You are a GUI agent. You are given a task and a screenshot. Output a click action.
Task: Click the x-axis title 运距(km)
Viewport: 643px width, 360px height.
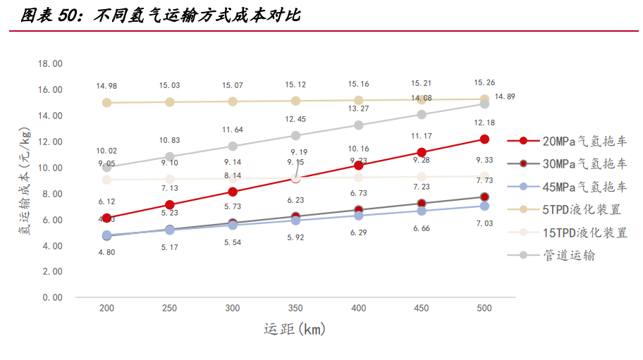coord(295,329)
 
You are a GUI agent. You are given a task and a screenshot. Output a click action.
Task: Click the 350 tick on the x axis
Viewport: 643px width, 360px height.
coord(295,309)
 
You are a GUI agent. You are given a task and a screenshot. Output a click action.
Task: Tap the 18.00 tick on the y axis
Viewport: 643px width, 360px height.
coord(51,64)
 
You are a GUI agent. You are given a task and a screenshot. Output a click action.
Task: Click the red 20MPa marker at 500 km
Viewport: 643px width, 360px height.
coord(484,139)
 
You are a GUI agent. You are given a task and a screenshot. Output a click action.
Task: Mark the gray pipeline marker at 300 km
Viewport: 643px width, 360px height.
coord(233,147)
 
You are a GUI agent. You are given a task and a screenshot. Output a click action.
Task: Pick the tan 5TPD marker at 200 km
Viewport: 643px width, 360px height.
coord(107,102)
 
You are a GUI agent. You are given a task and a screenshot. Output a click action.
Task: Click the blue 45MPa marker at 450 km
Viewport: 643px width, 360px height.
coord(422,211)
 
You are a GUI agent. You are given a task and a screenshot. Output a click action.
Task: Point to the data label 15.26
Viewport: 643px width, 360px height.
coord(484,82)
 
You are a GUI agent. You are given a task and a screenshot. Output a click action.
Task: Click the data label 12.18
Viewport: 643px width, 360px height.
coord(484,123)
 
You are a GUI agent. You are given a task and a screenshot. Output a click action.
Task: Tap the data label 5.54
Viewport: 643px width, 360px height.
coord(233,242)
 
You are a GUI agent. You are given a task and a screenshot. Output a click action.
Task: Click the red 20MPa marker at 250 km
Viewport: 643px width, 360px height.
coord(170,204)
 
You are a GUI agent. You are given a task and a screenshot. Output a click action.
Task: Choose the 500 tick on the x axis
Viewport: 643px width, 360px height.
coord(484,309)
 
